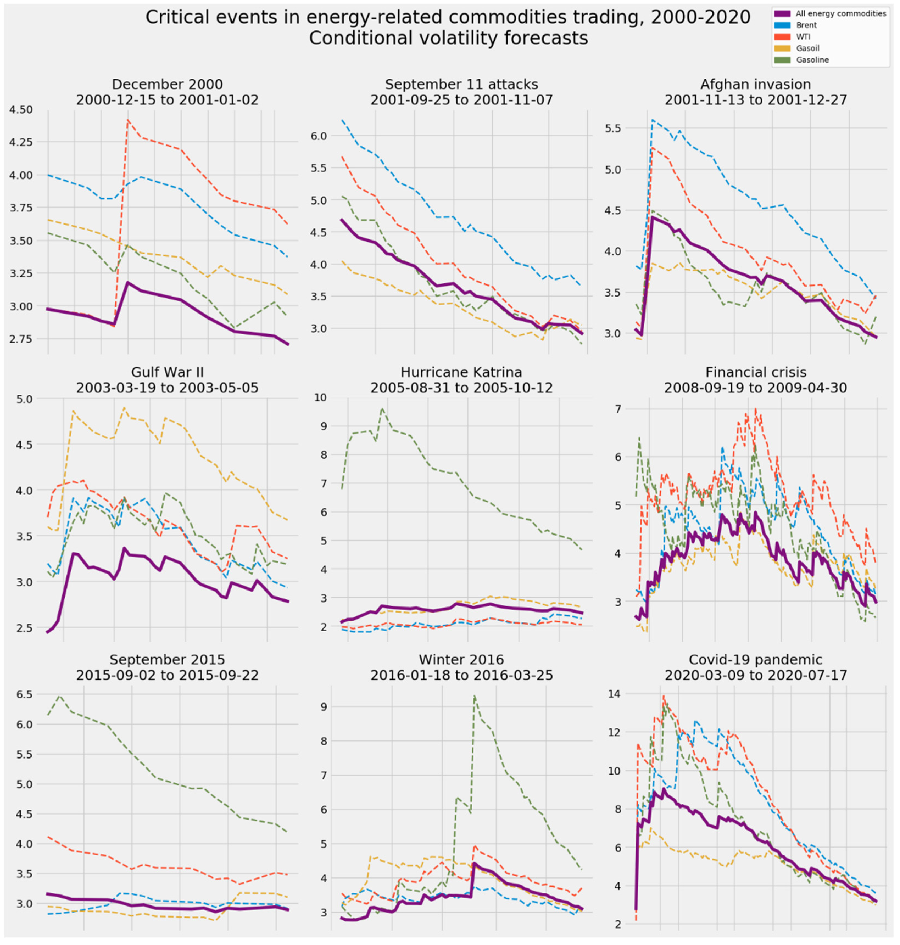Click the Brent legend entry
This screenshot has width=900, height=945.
806,25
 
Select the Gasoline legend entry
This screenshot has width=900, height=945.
812,60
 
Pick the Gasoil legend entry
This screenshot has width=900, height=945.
807,48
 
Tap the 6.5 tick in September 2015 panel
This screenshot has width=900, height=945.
24,694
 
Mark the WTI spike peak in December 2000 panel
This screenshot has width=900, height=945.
128,120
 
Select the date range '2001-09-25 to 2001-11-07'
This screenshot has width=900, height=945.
461,100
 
